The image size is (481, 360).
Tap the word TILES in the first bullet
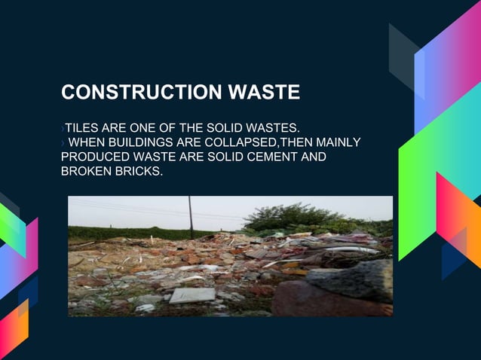point(81,127)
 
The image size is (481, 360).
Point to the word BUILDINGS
point(136,142)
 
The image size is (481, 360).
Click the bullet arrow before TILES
point(63,127)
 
